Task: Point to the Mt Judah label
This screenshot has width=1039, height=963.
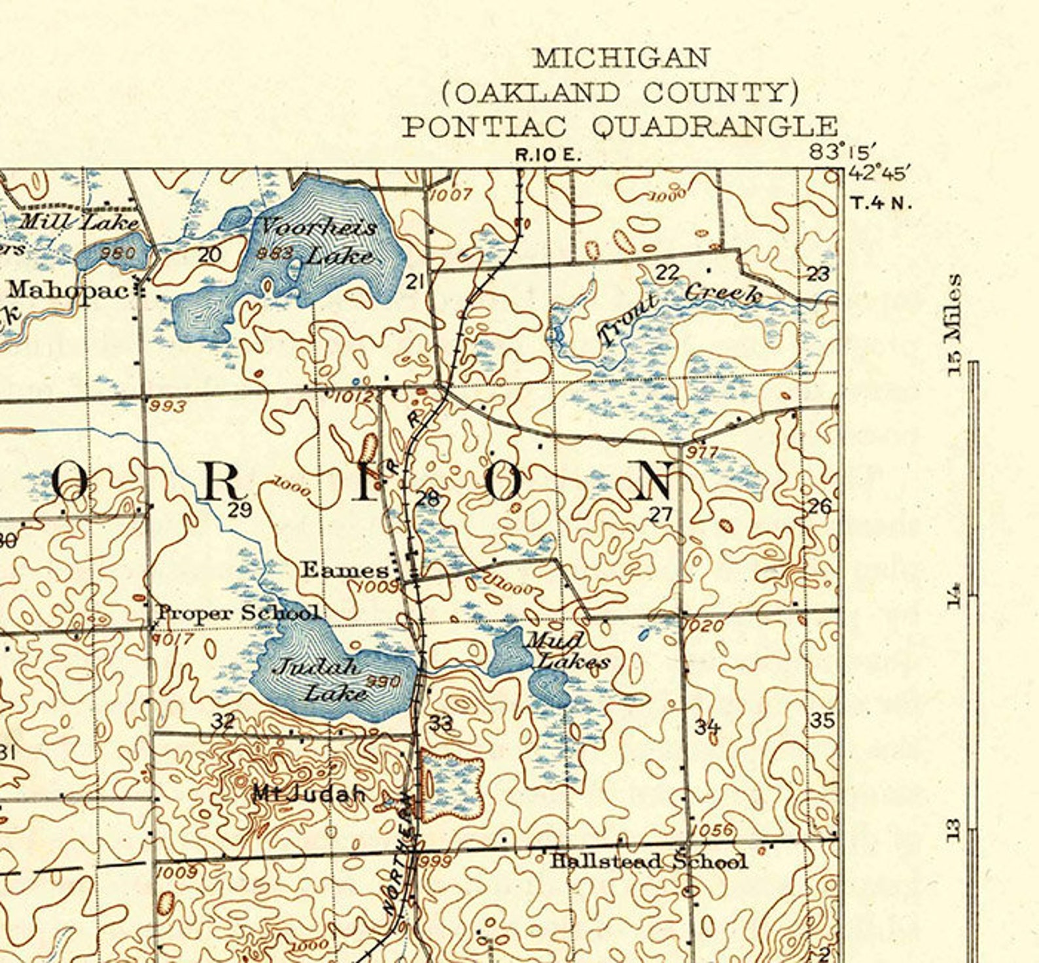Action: pyautogui.click(x=309, y=794)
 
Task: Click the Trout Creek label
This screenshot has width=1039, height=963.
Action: pyautogui.click(x=680, y=311)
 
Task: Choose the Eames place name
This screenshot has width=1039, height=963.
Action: pyautogui.click(x=344, y=570)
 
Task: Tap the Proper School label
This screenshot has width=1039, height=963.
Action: pyautogui.click(x=239, y=613)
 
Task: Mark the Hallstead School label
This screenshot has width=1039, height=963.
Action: pyautogui.click(x=648, y=861)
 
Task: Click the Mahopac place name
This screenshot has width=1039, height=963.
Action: pyautogui.click(x=69, y=290)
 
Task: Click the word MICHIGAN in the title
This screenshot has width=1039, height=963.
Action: pyautogui.click(x=621, y=58)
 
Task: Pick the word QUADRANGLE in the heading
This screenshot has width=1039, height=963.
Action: pyautogui.click(x=715, y=126)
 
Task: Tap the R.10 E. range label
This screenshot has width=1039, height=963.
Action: pyautogui.click(x=548, y=155)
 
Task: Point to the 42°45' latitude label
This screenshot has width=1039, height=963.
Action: pyautogui.click(x=879, y=174)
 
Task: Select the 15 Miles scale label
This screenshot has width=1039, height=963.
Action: pyautogui.click(x=955, y=324)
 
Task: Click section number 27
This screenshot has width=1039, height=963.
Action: pyautogui.click(x=660, y=515)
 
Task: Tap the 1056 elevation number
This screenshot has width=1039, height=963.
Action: pyautogui.click(x=713, y=830)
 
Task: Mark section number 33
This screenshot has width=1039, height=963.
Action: pyautogui.click(x=441, y=723)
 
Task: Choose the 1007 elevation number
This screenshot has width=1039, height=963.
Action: pyautogui.click(x=451, y=194)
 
